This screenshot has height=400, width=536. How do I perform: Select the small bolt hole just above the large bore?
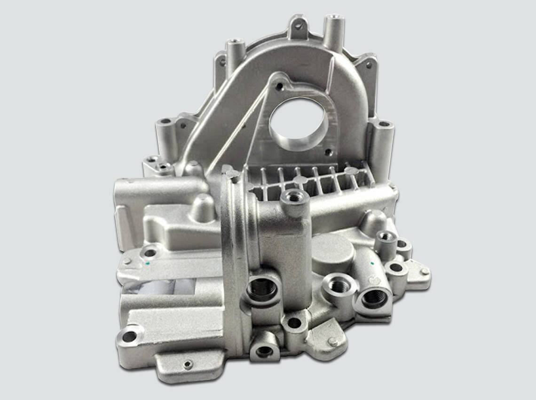(x=280, y=86)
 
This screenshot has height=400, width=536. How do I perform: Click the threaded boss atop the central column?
(x=294, y=197)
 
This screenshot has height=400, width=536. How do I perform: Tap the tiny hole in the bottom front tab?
(x=189, y=364)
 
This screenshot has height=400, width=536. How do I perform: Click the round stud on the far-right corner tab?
(x=425, y=271)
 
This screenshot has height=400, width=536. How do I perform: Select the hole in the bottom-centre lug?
(x=264, y=351)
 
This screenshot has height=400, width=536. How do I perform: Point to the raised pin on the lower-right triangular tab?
(x=333, y=342)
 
